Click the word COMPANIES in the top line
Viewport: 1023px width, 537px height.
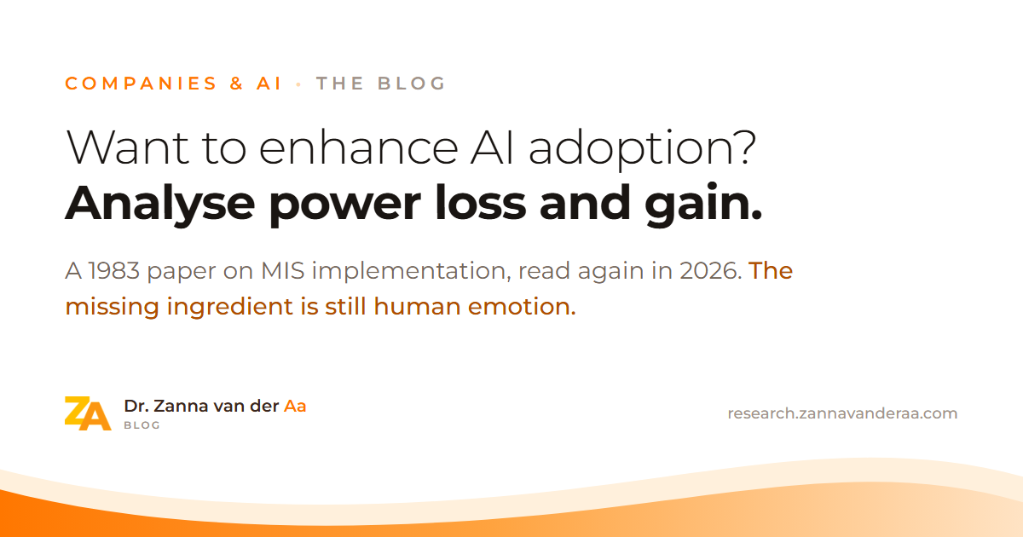point(141,84)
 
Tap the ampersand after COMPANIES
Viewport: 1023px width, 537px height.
point(237,84)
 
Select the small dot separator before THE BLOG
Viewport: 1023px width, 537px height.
point(298,84)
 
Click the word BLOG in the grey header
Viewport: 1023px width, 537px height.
point(412,84)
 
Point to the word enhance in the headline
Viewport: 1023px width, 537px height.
point(359,148)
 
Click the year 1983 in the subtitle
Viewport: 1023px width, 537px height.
point(113,271)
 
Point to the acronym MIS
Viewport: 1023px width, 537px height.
point(283,271)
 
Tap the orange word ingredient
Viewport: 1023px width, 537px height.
point(229,307)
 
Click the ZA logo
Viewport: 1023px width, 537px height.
point(88,413)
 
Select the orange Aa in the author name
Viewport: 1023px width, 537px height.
point(295,406)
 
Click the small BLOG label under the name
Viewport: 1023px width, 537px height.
point(142,425)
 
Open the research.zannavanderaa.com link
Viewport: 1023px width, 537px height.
point(842,413)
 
